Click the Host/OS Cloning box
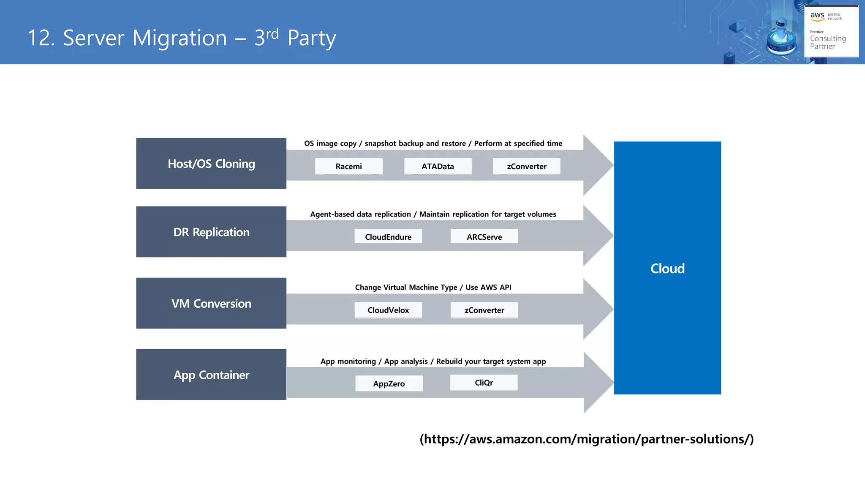click(211, 164)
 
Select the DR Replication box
click(211, 232)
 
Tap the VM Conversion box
click(211, 304)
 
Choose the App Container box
click(211, 375)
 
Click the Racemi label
click(349, 166)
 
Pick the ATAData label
click(438, 166)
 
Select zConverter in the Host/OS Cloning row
click(527, 166)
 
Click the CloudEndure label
click(388, 237)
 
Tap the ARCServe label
click(484, 237)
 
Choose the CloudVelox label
click(388, 310)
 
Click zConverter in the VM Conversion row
click(484, 310)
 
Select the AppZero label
click(389, 383)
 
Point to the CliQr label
click(484, 383)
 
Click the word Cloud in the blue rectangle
click(667, 268)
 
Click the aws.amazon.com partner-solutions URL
click(587, 439)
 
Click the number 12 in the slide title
click(41, 38)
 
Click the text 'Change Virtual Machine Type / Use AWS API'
click(433, 287)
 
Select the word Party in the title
click(312, 38)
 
